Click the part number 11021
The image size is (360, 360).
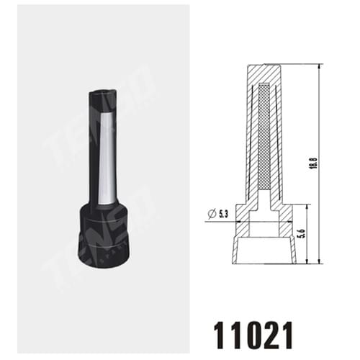(253, 335)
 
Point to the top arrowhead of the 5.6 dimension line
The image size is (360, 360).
(307, 207)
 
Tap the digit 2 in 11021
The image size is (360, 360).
(270, 335)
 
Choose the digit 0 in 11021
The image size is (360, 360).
(253, 335)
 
